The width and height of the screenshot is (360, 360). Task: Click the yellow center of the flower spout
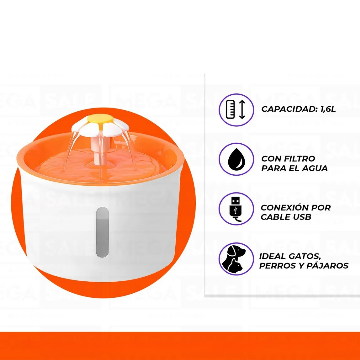(x=100, y=119)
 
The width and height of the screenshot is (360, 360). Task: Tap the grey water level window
(x=102, y=232)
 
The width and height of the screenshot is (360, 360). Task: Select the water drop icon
(x=236, y=160)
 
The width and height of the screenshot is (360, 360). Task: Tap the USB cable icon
(x=236, y=209)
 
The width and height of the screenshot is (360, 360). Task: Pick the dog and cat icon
(x=236, y=259)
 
